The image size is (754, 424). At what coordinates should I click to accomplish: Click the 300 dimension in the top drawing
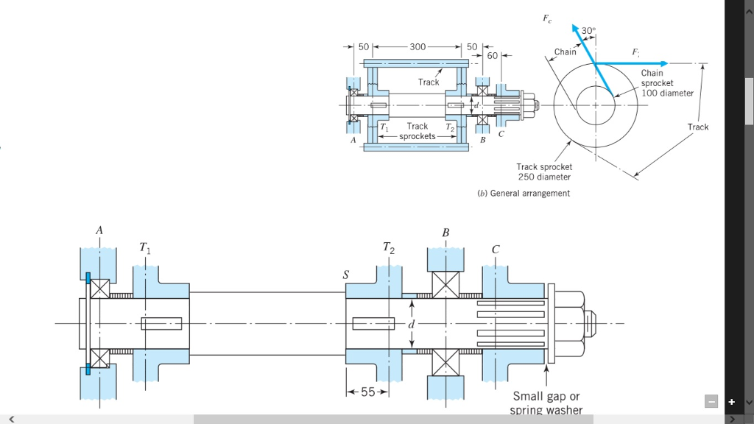tap(417, 46)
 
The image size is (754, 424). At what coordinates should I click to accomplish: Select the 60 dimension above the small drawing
tap(493, 56)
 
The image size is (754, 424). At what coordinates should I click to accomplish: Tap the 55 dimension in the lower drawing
tap(367, 391)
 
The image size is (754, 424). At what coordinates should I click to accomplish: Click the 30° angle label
tap(588, 31)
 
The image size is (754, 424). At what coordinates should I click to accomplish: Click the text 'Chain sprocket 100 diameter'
tap(666, 83)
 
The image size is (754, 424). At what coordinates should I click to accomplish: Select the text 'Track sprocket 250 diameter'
tap(544, 172)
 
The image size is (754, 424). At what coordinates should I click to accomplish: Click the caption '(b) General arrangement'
tap(523, 194)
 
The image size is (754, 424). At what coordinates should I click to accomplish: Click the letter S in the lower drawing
tap(345, 274)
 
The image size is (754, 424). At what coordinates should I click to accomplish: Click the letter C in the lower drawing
tap(495, 249)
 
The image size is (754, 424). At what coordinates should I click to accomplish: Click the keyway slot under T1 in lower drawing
tap(161, 323)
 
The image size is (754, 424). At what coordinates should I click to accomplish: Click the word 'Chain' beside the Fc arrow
tap(565, 52)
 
